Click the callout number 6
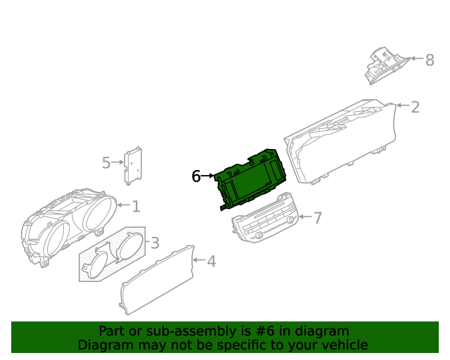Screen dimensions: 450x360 click(x=196, y=176)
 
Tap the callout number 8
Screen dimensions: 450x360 click(x=430, y=60)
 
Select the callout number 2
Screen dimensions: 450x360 click(x=415, y=108)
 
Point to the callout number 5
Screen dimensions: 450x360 click(x=106, y=163)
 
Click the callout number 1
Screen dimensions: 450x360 click(x=136, y=207)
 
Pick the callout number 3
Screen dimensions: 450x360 click(x=155, y=243)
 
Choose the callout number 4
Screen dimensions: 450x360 click(x=212, y=262)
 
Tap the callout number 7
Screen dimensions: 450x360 click(x=317, y=218)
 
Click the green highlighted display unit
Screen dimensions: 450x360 click(x=250, y=179)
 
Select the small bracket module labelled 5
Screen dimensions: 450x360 click(x=133, y=166)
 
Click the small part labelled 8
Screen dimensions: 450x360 click(x=387, y=65)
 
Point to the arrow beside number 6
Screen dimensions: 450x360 click(x=207, y=175)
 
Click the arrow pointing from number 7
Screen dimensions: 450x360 click(x=305, y=217)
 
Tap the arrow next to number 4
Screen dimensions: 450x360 click(x=199, y=260)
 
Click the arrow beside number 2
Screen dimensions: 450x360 click(x=403, y=105)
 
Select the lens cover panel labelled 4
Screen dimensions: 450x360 click(x=157, y=280)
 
